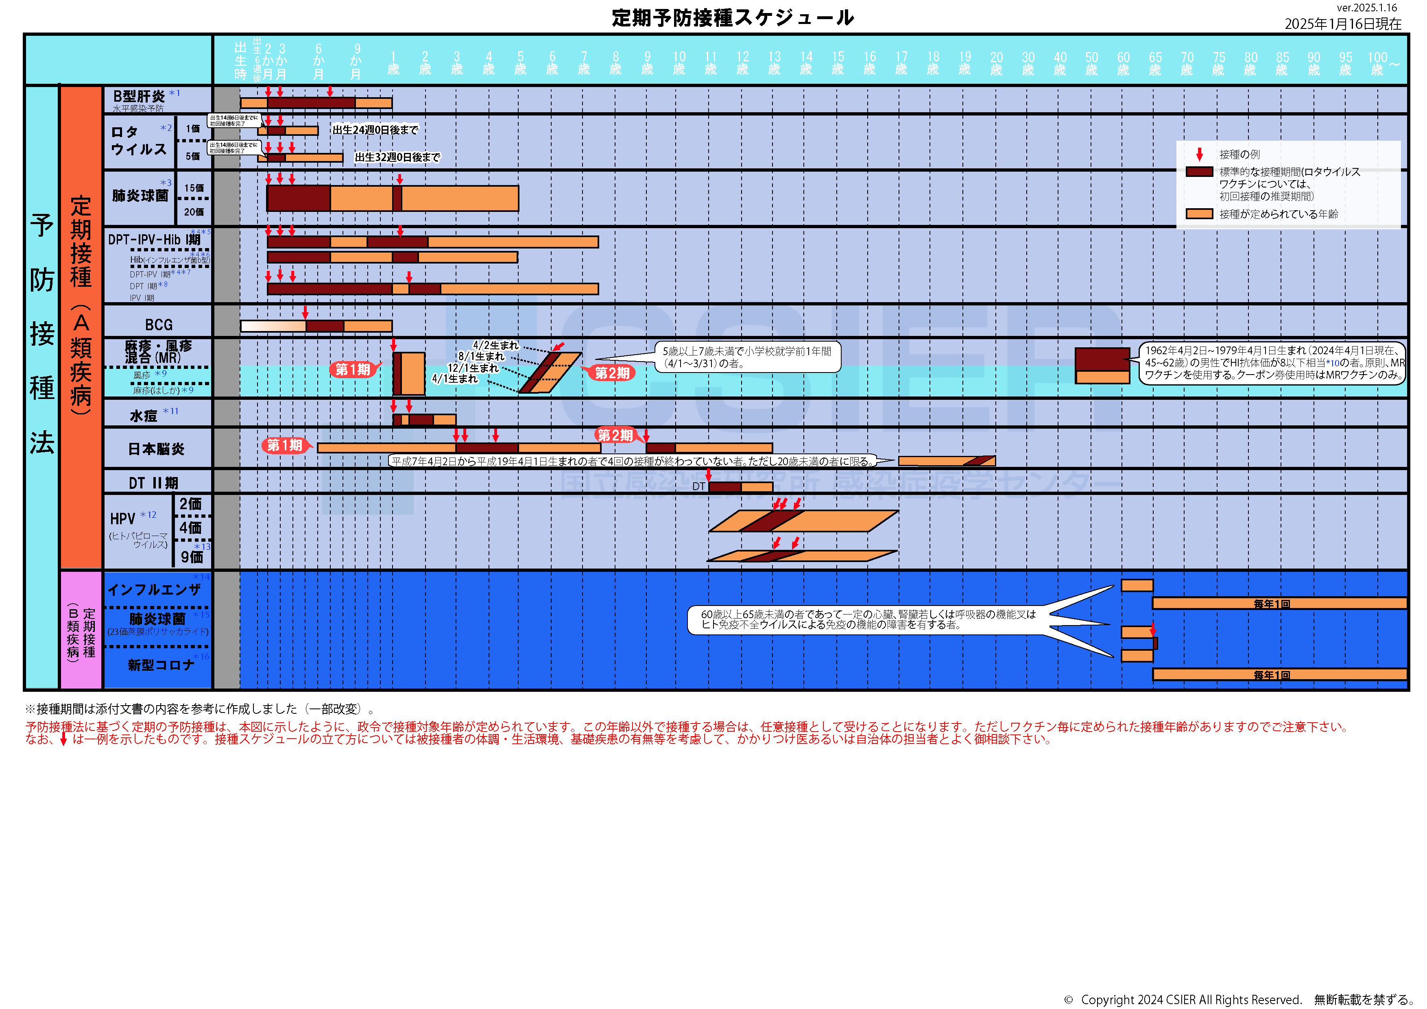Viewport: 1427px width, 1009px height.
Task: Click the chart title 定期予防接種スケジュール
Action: [732, 18]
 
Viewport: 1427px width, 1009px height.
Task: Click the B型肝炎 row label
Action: [139, 96]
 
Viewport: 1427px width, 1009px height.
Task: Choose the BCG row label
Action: [159, 325]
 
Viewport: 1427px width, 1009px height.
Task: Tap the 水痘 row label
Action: [144, 416]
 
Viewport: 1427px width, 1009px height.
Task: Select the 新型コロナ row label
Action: [161, 665]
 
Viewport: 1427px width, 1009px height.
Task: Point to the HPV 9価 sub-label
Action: [192, 557]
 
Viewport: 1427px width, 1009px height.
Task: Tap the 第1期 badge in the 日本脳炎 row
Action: [285, 445]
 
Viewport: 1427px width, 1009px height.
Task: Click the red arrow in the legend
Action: [1200, 154]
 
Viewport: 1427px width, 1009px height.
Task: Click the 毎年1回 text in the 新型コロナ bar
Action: [1271, 675]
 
